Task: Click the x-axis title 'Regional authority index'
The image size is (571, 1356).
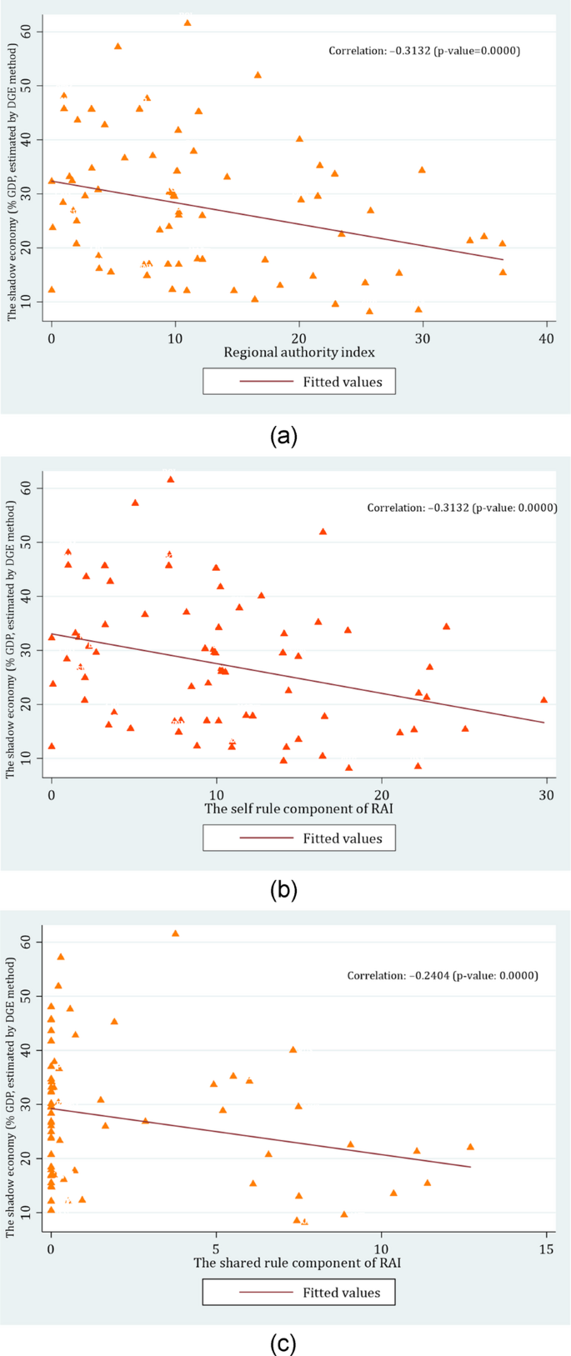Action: point(298,352)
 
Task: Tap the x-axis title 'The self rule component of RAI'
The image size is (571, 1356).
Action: point(298,808)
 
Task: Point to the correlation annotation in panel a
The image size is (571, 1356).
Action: point(423,51)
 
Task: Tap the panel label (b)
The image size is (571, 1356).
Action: point(283,890)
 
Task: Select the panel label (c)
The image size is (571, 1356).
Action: point(283,1343)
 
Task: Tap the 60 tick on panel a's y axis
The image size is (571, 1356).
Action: point(36,31)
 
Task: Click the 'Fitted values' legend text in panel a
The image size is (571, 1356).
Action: point(342,382)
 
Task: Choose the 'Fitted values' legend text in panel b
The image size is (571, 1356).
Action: point(342,838)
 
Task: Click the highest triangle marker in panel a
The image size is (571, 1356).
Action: point(188,23)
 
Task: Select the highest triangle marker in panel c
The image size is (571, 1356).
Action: point(175,933)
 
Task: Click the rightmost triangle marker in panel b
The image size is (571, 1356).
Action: point(543,700)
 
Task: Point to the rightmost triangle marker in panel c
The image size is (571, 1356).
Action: point(469,1147)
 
